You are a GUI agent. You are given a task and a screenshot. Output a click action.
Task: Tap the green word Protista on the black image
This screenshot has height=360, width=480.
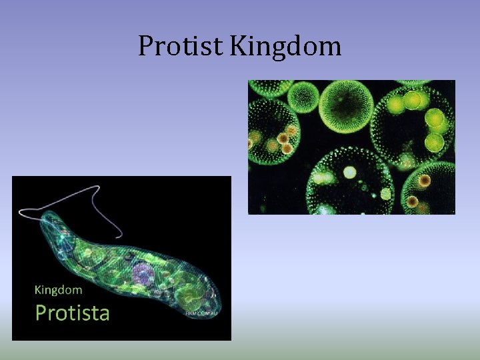coord(72,312)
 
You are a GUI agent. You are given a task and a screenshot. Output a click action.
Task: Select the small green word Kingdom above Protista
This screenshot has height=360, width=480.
coord(58,289)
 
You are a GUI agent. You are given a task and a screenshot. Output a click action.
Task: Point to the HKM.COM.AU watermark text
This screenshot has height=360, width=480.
coord(202,313)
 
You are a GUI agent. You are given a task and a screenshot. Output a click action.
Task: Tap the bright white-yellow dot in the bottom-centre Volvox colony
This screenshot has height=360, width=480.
coord(349,173)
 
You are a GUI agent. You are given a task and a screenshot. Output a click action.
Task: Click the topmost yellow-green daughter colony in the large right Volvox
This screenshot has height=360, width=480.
coord(413,101)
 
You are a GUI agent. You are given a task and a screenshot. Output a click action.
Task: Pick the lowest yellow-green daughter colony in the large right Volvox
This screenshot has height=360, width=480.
coord(434,141)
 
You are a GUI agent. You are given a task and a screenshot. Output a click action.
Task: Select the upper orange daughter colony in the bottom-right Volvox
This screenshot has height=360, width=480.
coord(425,180)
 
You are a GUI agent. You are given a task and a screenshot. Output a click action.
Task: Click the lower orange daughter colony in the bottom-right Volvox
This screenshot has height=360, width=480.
coord(413,201)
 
